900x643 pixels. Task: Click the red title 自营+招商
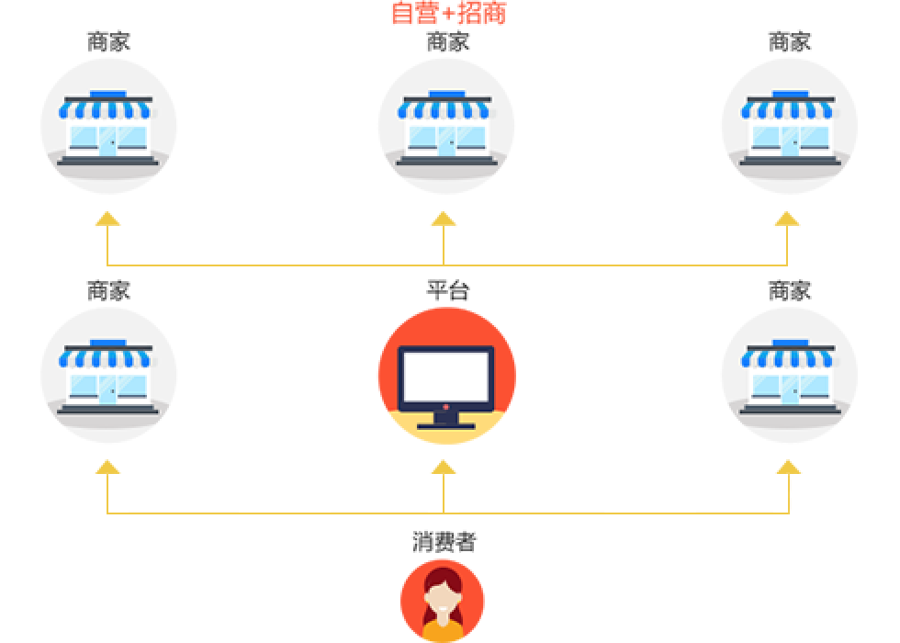448,13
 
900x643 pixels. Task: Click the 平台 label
448,290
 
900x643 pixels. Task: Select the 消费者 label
444,541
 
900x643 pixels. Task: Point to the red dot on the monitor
445,407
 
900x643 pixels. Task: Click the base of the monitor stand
446,426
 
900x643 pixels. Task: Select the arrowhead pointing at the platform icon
443,467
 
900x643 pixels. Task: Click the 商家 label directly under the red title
448,41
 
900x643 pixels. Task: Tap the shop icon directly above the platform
446,127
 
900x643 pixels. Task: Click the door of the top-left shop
108,141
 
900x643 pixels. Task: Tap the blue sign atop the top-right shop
790,94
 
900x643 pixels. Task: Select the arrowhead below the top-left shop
107,219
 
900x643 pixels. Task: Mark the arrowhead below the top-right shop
786,219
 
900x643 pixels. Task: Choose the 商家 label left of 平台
108,290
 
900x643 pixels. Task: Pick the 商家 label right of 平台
789,290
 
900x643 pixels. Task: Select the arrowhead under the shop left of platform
107,467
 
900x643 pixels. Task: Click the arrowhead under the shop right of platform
789,467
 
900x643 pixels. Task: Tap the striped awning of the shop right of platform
788,358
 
